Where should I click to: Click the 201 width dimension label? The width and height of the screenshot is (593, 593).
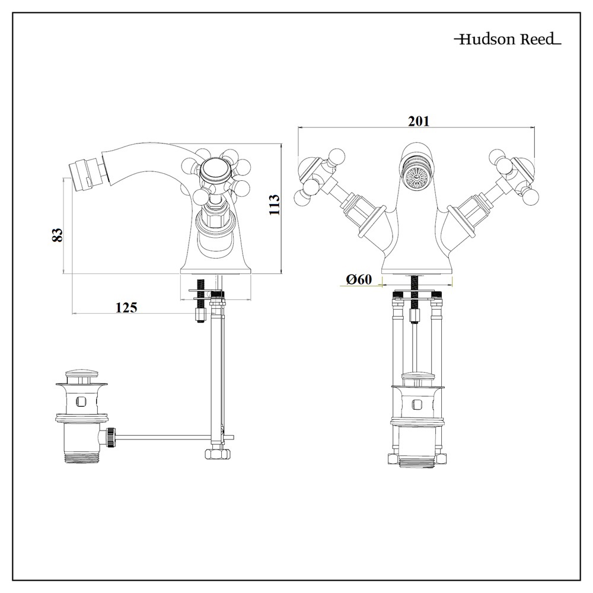[418, 121]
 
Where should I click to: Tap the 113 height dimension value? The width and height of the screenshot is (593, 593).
[274, 205]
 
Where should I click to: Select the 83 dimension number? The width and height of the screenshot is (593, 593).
[58, 234]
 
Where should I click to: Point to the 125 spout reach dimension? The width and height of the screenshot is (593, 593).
[126, 307]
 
